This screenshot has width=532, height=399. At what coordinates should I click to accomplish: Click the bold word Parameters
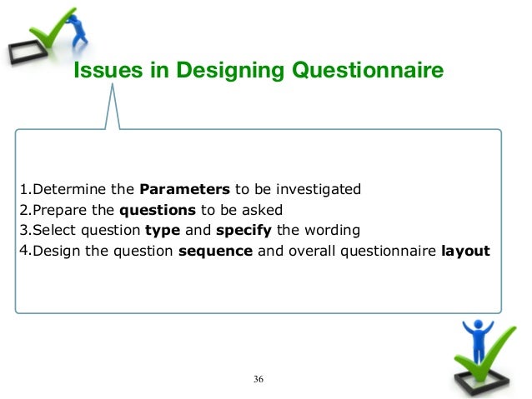[184, 187]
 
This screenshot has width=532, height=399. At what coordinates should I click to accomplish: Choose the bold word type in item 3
[160, 231]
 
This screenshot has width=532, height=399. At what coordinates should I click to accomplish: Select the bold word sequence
[216, 252]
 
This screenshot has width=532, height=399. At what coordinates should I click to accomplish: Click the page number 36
[258, 380]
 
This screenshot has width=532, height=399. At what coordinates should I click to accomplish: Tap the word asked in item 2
[265, 209]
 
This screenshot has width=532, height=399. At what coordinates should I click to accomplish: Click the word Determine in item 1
[66, 187]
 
